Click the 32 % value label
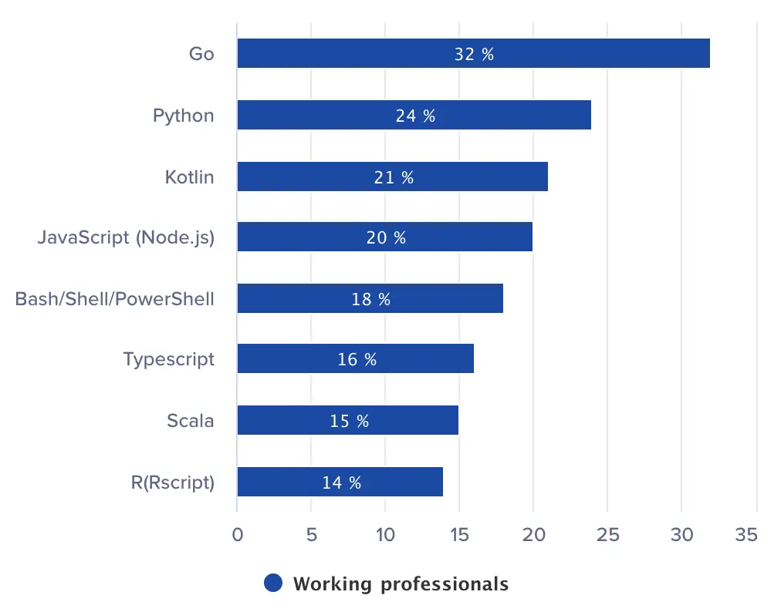point(474,55)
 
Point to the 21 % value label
point(394,177)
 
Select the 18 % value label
point(371,299)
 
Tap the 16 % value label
point(357,359)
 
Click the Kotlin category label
point(190,177)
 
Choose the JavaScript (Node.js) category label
point(126,237)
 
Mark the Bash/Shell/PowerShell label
point(115,298)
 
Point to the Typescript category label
point(169,359)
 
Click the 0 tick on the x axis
point(237,535)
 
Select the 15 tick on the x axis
point(459,535)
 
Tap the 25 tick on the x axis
point(607,535)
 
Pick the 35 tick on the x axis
point(747,535)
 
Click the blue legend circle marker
point(273,583)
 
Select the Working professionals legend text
point(401,583)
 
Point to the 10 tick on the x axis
point(384,535)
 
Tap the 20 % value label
point(386,237)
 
